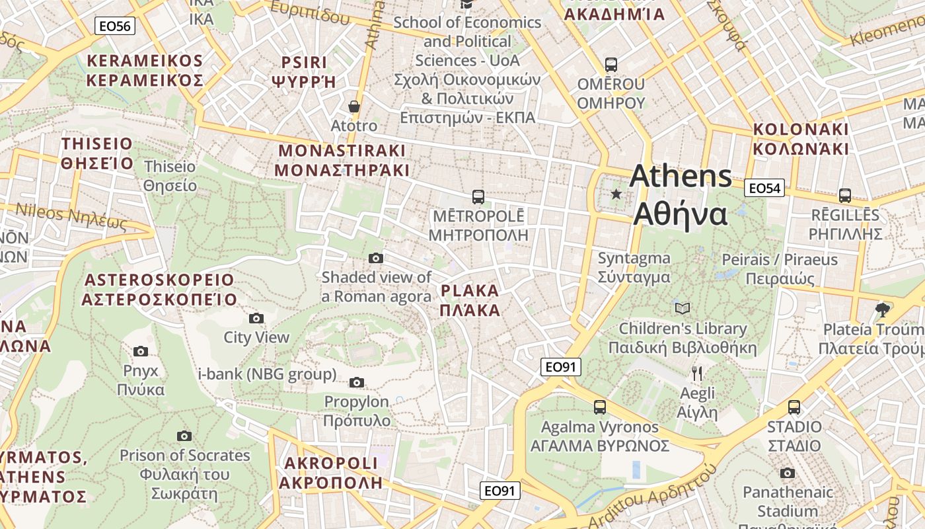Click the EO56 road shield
(115, 26)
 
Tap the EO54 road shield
(764, 188)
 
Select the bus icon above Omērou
(611, 65)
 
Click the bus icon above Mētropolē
(478, 196)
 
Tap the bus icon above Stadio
(794, 407)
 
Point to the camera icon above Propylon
(357, 382)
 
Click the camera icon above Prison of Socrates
(184, 436)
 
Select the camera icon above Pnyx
(141, 351)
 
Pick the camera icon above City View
(256, 319)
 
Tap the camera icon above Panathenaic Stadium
(787, 473)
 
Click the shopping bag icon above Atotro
(354, 106)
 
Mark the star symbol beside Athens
(616, 194)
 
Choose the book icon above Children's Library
(683, 308)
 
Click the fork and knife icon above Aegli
(697, 374)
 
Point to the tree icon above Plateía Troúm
(882, 309)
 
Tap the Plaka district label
(470, 300)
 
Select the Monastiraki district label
(342, 160)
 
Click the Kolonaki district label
(800, 138)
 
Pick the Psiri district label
(304, 72)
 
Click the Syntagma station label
(634, 267)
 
